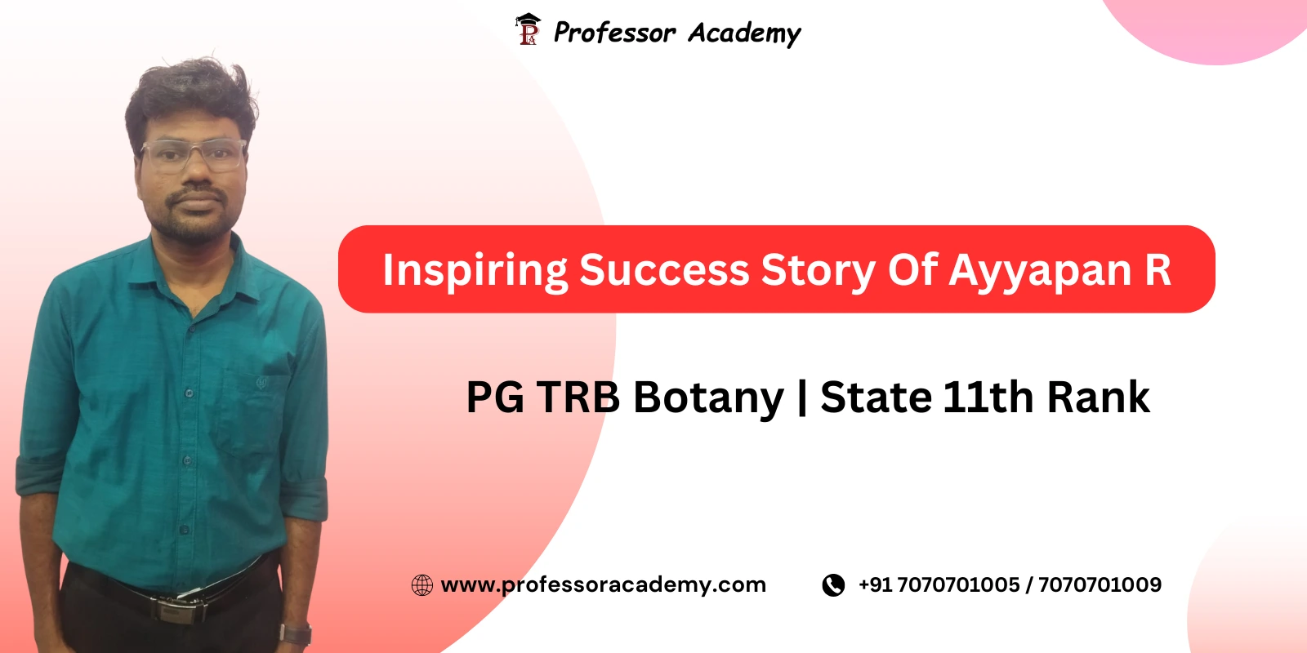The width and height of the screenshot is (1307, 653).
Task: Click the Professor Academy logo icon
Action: pyautogui.click(x=528, y=29)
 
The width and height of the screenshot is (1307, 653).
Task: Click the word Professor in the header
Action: pyautogui.click(x=614, y=33)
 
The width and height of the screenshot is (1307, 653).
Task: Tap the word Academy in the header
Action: pyautogui.click(x=744, y=33)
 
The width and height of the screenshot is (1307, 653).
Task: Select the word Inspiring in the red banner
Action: pyautogui.click(x=475, y=271)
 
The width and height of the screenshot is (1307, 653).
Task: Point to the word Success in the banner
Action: pyautogui.click(x=664, y=270)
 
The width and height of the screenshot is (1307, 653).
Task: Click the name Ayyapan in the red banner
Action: pyautogui.click(x=1040, y=271)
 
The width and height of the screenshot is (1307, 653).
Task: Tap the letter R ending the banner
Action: pyautogui.click(x=1158, y=270)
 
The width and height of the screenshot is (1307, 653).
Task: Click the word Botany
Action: pyautogui.click(x=708, y=398)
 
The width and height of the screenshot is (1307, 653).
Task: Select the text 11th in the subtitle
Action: pyautogui.click(x=988, y=398)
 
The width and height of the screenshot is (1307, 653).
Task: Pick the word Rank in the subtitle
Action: pyautogui.click(x=1099, y=398)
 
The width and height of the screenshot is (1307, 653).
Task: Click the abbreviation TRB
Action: pyautogui.click(x=578, y=398)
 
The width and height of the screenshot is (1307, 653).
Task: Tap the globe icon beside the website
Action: pyautogui.click(x=422, y=585)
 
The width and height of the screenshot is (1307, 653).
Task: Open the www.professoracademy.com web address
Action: pyautogui.click(x=603, y=584)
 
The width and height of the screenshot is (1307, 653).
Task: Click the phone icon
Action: pyautogui.click(x=833, y=585)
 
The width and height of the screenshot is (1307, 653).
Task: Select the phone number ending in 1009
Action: pyautogui.click(x=1100, y=584)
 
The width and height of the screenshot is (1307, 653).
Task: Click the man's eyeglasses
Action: pyautogui.click(x=194, y=154)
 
